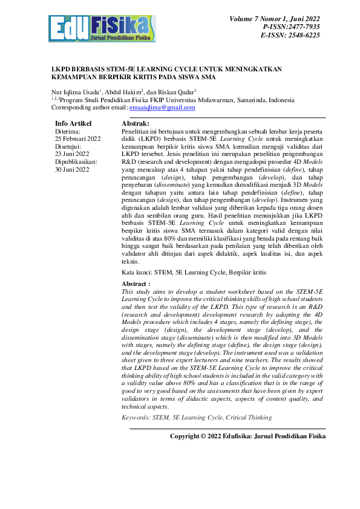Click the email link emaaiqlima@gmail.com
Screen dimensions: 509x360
tap(162, 108)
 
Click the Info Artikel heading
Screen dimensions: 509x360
tap(73, 123)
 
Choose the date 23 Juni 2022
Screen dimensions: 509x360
tap(73, 154)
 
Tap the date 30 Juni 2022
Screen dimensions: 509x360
tap(73, 170)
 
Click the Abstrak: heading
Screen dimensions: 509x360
tap(136, 123)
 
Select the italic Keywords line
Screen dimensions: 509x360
tap(197, 417)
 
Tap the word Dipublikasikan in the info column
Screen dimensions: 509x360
tap(76, 162)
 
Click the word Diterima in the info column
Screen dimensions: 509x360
tap(68, 131)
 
